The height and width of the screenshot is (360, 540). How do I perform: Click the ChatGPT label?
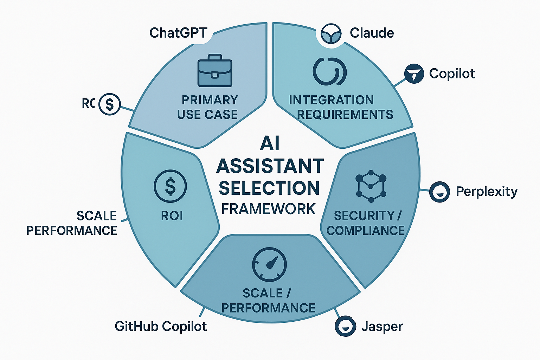178,33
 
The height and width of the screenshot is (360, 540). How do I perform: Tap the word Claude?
372,33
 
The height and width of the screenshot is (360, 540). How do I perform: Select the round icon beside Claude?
331,34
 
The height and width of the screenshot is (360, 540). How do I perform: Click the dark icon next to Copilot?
414,73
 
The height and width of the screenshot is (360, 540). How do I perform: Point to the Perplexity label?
487,192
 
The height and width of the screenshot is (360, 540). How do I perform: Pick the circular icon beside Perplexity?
439,192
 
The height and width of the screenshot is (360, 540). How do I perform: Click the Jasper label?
382,327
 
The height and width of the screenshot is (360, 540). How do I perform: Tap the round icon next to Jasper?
345,326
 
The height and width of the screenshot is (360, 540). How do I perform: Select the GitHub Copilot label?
161,327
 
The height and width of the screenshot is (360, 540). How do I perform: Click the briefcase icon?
215,71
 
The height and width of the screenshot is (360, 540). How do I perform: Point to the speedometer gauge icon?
269,264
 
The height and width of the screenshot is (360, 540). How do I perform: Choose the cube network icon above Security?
371,186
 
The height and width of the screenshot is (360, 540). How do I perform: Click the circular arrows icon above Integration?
330,71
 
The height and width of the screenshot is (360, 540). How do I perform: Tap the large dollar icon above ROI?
171,186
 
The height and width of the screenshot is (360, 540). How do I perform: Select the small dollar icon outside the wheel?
110,104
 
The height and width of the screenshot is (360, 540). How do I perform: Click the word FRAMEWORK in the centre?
269,209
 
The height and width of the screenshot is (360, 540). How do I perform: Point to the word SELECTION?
269,188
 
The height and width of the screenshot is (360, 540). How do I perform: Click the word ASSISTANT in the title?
270,166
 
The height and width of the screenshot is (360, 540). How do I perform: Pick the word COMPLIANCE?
366,231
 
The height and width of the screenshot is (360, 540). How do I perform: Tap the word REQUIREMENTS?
345,115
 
